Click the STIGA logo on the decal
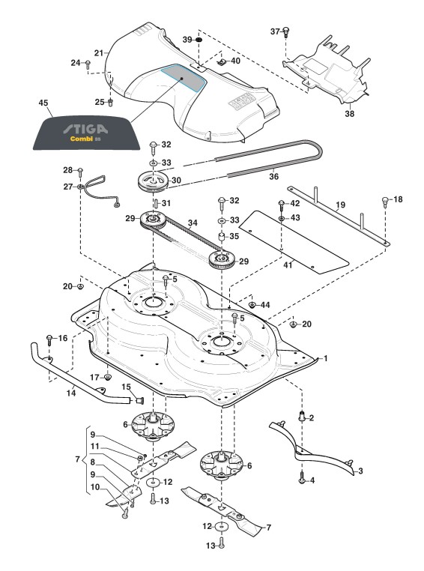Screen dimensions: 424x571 [85, 129]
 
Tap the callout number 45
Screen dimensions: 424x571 [43, 103]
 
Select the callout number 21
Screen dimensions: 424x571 [99, 53]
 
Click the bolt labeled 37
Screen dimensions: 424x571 [285, 32]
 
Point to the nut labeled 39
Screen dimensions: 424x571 [199, 39]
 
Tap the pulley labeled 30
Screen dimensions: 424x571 [154, 181]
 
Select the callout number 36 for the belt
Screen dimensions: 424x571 [273, 177]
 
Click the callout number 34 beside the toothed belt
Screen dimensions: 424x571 [193, 222]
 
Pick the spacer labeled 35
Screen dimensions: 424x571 [221, 236]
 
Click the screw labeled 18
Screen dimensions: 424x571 [386, 202]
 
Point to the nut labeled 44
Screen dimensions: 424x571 [252, 304]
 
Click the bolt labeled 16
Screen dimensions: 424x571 [50, 339]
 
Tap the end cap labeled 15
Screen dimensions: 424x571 [139, 401]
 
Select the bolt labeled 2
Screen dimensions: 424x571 [301, 417]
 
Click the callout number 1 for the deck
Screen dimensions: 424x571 [326, 358]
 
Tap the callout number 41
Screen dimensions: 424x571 [288, 265]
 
